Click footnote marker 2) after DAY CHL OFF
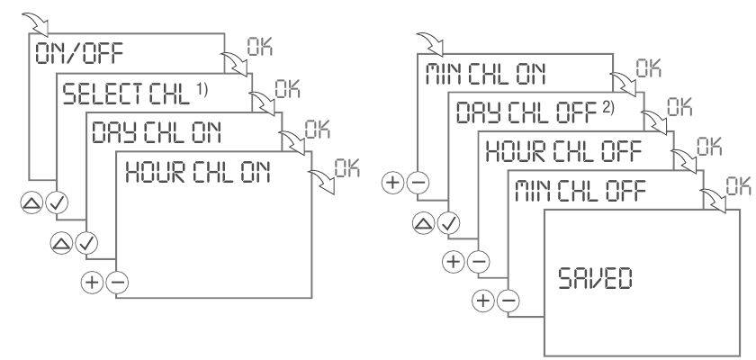587,105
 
